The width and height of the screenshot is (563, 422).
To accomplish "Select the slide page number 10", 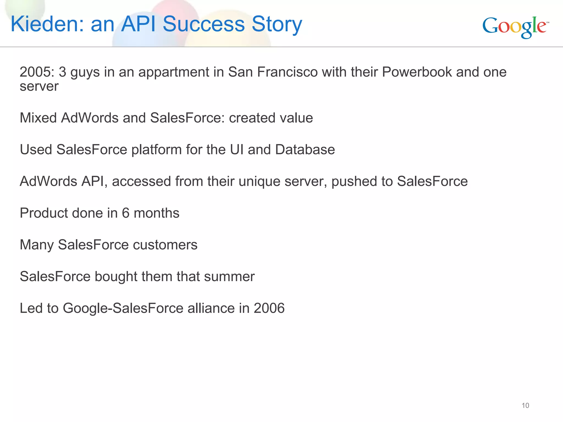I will coord(525,406).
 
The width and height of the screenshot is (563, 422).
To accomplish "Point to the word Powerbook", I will coord(417,72).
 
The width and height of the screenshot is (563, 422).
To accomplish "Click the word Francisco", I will coord(287,72).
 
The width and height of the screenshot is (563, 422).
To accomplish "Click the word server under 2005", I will coord(39,87).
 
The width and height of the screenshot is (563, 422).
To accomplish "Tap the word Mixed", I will coord(38,118).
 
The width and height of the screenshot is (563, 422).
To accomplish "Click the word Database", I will coord(305,150).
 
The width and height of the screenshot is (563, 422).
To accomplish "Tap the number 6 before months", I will coord(126,213).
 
